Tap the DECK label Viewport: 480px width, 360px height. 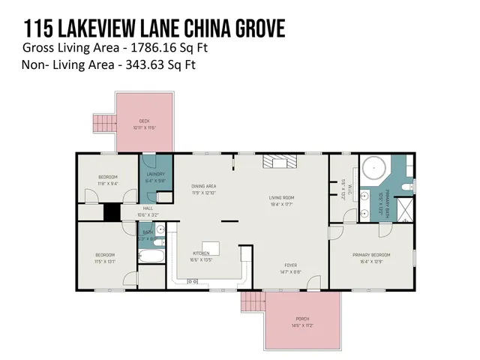click(x=145, y=121)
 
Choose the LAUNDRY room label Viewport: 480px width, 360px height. click(x=154, y=173)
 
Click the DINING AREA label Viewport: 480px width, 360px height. click(x=203, y=186)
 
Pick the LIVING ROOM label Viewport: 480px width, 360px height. click(x=282, y=198)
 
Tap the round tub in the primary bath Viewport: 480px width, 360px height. click(x=372, y=166)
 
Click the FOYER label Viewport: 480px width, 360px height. click(x=290, y=265)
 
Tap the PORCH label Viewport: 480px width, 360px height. click(x=302, y=319)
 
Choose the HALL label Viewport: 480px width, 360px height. click(x=148, y=209)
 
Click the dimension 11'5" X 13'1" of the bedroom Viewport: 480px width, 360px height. click(x=105, y=262)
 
